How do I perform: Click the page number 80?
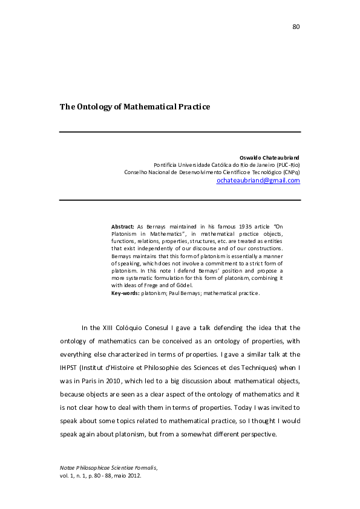pyautogui.click(x=296, y=27)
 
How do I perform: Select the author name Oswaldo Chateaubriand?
pyautogui.click(x=270, y=157)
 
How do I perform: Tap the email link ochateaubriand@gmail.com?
pyautogui.click(x=258, y=180)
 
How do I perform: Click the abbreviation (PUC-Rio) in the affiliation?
pyautogui.click(x=287, y=164)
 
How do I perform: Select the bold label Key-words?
pyautogui.click(x=125, y=293)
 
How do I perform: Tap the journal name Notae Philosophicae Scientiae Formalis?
pyautogui.click(x=106, y=467)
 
